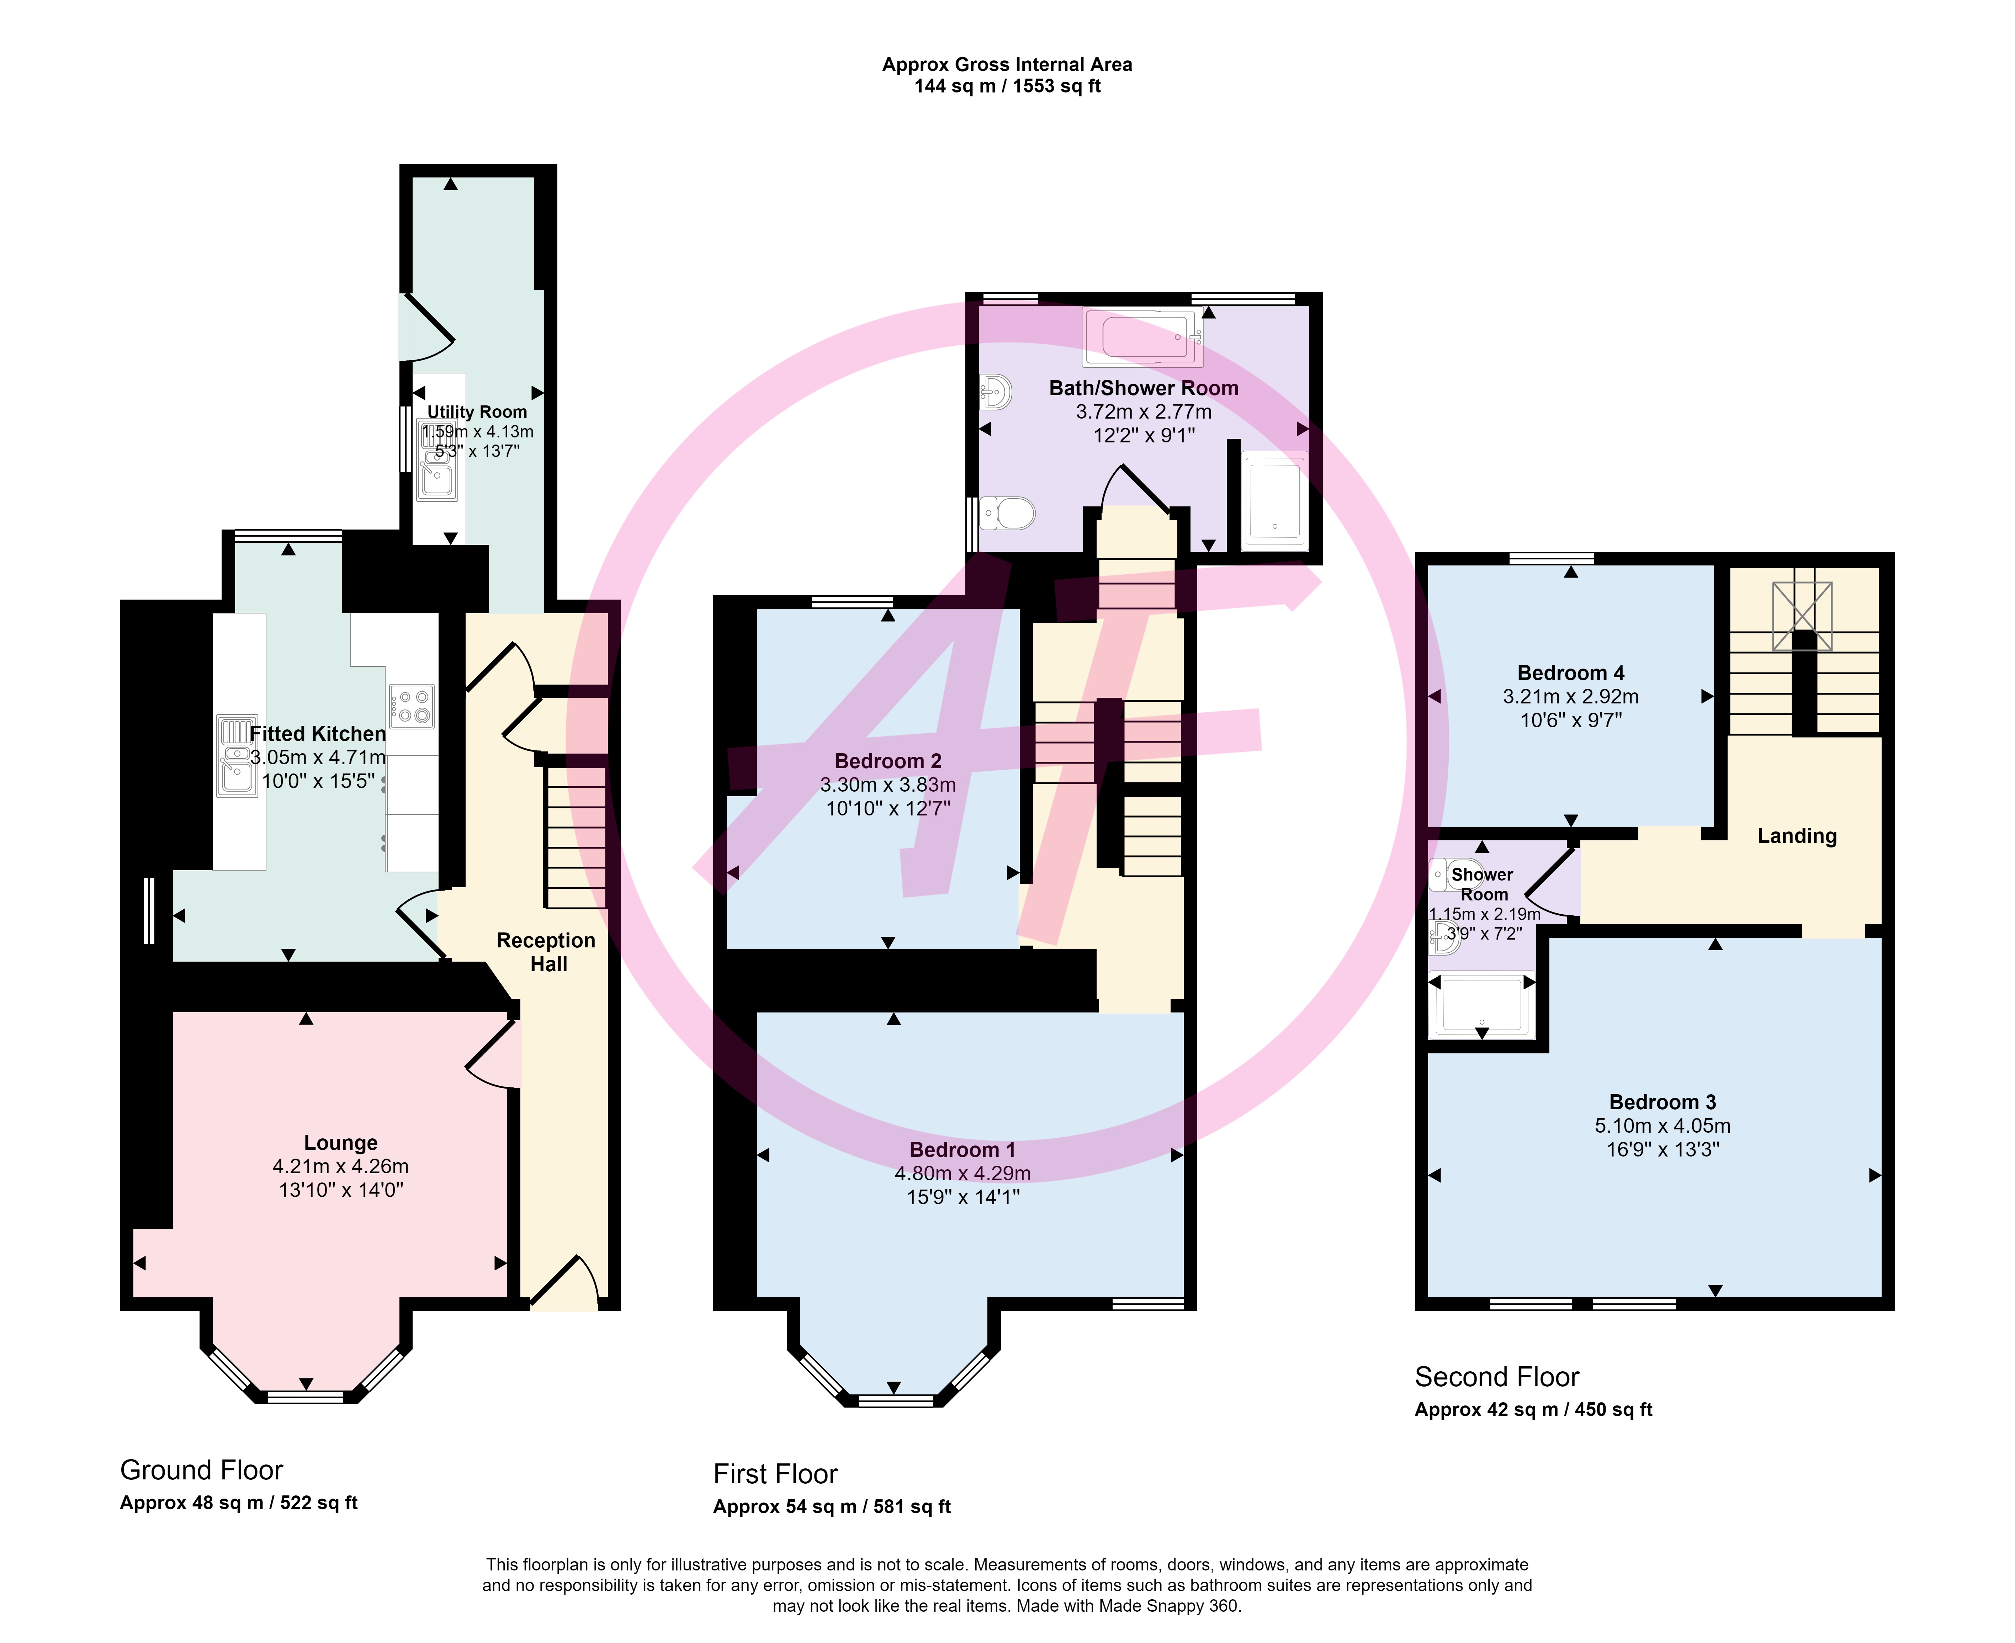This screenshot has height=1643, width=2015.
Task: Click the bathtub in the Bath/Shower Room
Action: (x=1142, y=337)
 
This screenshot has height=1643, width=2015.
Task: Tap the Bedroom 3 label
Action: (x=1663, y=1102)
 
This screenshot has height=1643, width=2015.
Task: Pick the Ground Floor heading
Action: (x=202, y=1470)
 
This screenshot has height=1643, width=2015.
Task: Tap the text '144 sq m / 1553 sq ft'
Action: (x=1007, y=86)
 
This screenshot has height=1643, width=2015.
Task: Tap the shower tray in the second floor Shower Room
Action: (x=1482, y=1006)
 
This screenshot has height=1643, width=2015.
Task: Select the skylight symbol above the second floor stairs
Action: (x=1802, y=616)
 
